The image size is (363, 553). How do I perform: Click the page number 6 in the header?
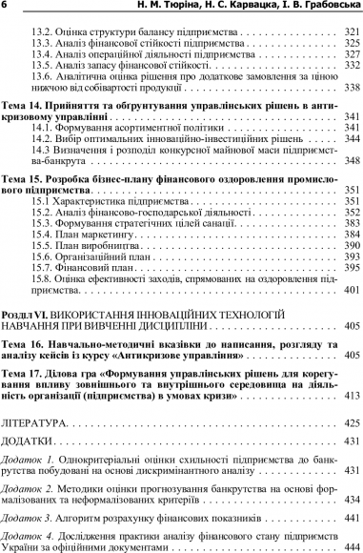[6, 7]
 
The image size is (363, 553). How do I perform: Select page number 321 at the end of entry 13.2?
[349, 31]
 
